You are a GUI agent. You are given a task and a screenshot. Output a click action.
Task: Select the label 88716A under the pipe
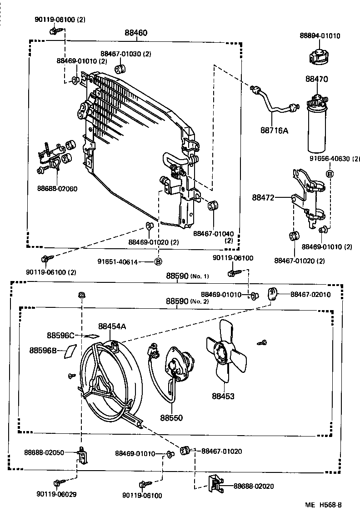coord(274,131)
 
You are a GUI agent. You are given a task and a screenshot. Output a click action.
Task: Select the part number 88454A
coord(112,326)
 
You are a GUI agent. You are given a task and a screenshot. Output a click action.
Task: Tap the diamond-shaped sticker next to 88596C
coord(93,336)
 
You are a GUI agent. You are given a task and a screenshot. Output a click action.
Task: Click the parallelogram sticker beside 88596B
coord(70,351)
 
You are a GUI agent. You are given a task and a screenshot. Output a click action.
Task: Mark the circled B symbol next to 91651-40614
coord(158,261)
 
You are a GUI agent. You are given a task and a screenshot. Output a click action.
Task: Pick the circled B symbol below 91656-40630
coord(330,174)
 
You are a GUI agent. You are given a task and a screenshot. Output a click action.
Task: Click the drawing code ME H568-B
coord(323,505)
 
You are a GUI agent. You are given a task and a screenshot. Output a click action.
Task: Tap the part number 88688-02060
coord(57,188)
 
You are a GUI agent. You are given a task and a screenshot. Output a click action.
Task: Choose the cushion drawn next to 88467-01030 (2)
coord(121,70)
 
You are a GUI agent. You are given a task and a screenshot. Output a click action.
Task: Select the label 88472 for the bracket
coord(264,197)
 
